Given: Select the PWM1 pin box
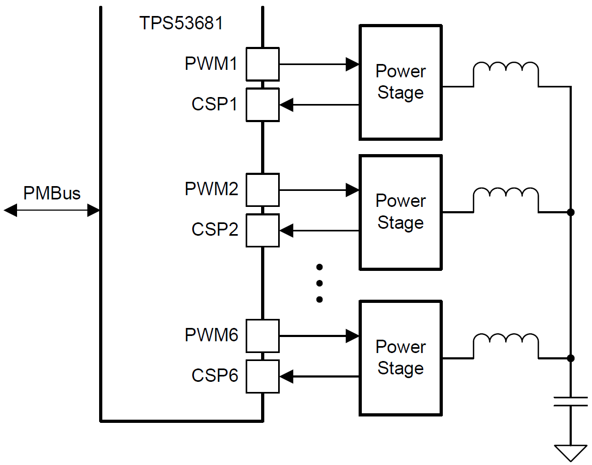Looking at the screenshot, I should [x=262, y=64].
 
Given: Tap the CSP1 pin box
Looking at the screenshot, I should [x=262, y=105].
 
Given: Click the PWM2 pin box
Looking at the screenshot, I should [x=262, y=190].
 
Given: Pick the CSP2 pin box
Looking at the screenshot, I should [x=262, y=230].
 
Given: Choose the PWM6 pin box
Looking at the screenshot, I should [x=262, y=336].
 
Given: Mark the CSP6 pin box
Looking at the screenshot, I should [x=262, y=376].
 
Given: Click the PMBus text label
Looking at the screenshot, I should [x=52, y=193].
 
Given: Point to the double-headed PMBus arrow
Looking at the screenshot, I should [x=52, y=211].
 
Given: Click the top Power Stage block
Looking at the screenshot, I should [x=400, y=83].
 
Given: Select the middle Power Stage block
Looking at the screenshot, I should [x=400, y=212].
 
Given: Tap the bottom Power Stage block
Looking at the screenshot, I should [x=400, y=358].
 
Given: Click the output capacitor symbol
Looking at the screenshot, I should [x=571, y=402].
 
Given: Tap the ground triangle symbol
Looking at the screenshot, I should [x=571, y=453].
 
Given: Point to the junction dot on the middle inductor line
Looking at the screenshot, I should [x=571, y=212].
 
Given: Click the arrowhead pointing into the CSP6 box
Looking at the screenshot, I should [x=287, y=376].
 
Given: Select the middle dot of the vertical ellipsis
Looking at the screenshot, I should [x=319, y=283].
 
